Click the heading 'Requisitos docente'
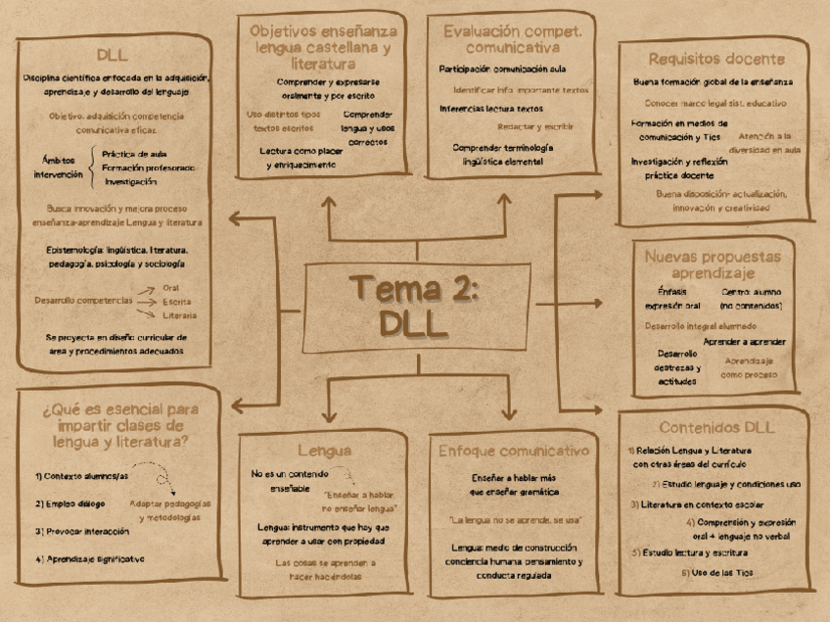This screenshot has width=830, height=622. (x=715, y=59)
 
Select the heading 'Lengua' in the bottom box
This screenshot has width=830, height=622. (x=324, y=451)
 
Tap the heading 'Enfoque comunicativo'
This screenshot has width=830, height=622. (x=514, y=451)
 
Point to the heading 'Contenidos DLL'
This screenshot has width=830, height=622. (x=716, y=427)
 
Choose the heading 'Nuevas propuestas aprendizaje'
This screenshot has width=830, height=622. (x=713, y=264)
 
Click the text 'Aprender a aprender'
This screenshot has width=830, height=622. (x=744, y=341)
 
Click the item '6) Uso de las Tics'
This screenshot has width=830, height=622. (x=716, y=572)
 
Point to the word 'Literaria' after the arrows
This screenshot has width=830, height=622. (x=180, y=315)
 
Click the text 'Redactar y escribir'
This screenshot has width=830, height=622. (x=535, y=126)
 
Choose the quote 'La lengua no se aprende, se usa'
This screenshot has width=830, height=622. (x=514, y=520)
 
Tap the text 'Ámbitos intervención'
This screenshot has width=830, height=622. (x=59, y=167)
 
